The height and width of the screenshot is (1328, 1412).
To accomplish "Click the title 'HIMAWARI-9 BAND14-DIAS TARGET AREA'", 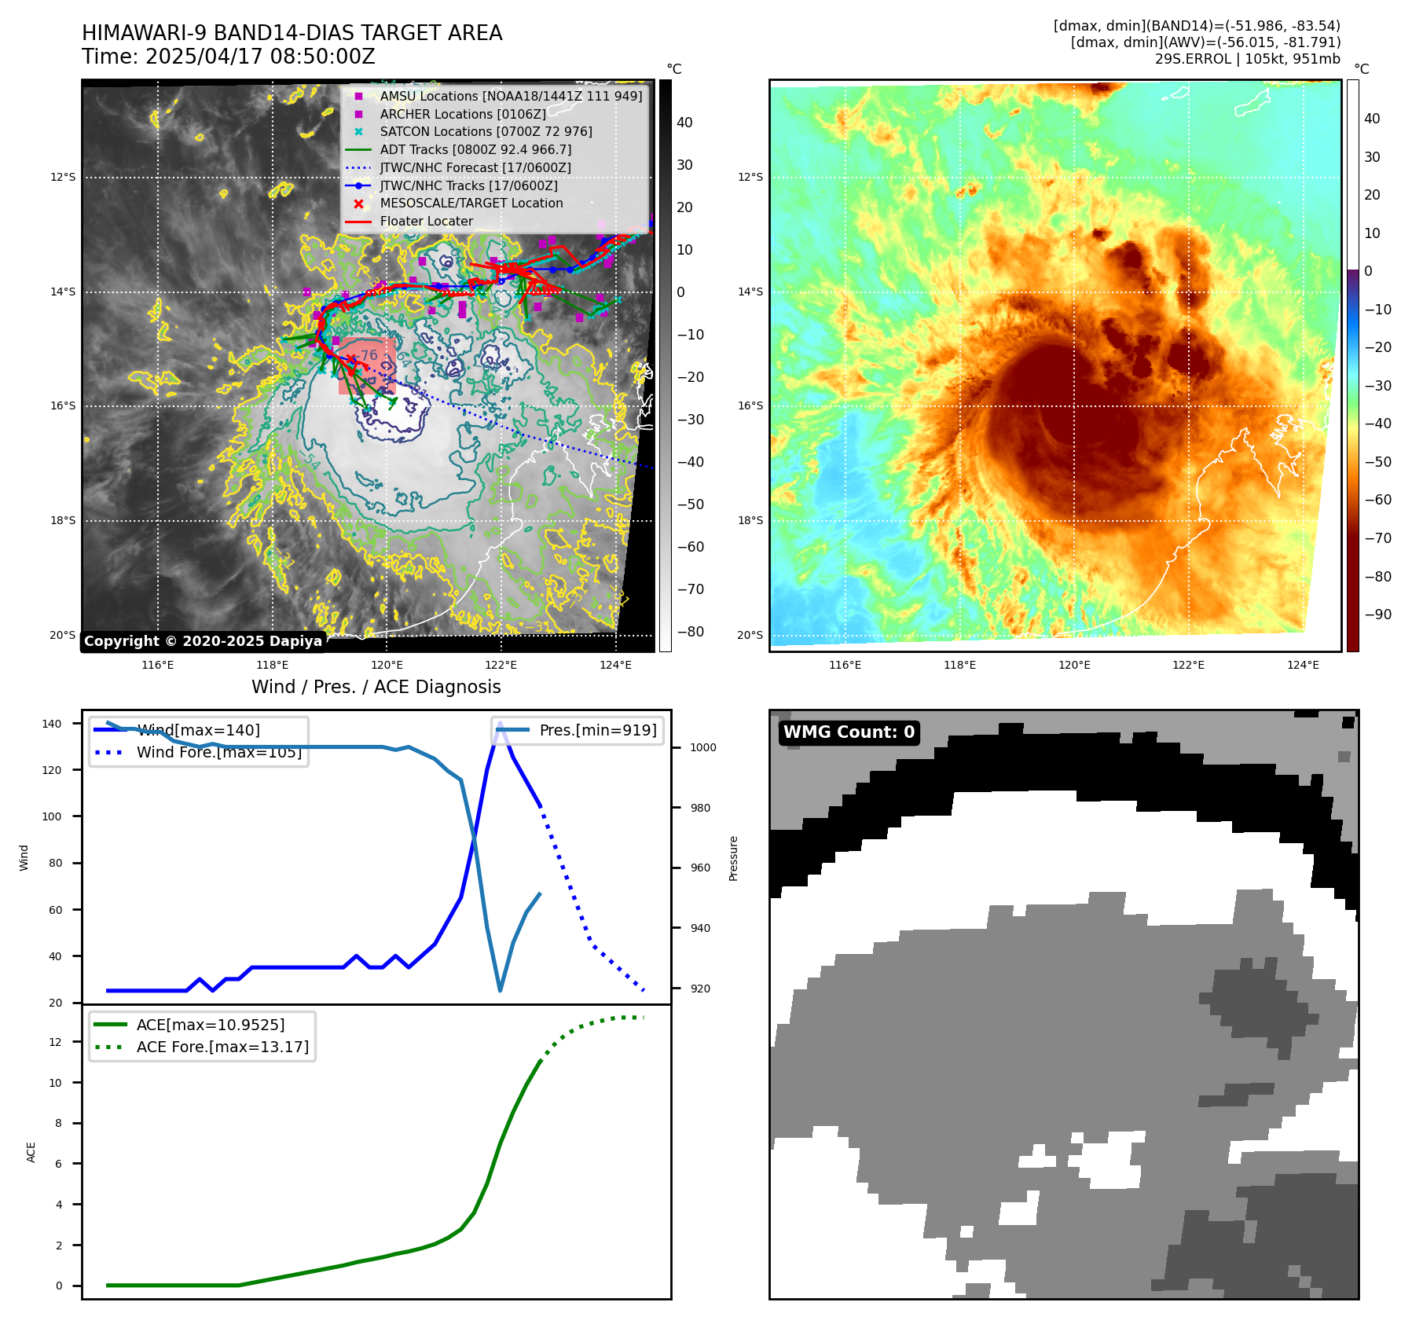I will click(x=292, y=33).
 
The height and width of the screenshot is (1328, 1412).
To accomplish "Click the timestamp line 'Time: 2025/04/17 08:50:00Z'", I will click(x=228, y=57).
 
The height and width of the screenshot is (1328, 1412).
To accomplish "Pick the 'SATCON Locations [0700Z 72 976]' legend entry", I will click(x=486, y=131).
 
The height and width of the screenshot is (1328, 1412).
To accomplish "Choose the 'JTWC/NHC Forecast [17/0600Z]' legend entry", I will click(x=475, y=167).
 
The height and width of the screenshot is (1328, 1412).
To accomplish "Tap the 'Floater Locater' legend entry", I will click(x=426, y=221).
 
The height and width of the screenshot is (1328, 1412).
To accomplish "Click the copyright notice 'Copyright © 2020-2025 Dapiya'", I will click(x=203, y=641).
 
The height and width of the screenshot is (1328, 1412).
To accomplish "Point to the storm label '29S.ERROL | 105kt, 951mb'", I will click(x=1247, y=59).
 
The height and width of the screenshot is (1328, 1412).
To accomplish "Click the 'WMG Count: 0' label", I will click(x=849, y=732).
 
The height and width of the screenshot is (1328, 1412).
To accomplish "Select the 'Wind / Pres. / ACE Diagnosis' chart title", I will click(x=376, y=687).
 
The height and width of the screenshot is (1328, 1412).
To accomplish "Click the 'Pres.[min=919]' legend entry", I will click(x=597, y=730).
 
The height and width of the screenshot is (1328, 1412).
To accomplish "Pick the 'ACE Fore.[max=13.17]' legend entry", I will click(x=222, y=1047).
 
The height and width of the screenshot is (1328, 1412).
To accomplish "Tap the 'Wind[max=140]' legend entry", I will click(x=198, y=730).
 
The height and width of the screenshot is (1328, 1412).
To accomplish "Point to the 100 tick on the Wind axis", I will click(x=52, y=816).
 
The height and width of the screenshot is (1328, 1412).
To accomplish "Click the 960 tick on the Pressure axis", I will click(x=700, y=868).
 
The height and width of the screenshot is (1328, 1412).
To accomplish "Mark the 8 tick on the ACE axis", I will click(x=59, y=1123).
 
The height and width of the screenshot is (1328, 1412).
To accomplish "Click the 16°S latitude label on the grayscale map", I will click(x=63, y=406).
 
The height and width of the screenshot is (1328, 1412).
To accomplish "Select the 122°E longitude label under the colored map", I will click(x=1188, y=665).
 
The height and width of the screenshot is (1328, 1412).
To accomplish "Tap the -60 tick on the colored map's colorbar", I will click(x=1377, y=500).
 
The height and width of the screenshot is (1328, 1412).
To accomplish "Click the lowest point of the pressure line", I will click(x=501, y=990).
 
